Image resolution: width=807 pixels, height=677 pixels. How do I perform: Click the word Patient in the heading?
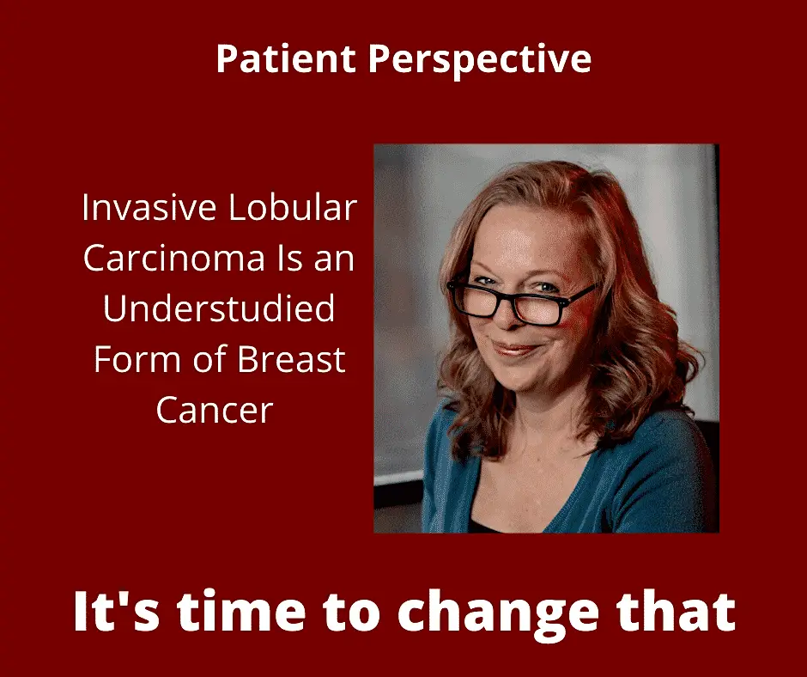[x=286, y=58]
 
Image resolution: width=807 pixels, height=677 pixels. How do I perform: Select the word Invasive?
[x=149, y=207]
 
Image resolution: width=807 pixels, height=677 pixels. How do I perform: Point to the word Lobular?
[x=293, y=207]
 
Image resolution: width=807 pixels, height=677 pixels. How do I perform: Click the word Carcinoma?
[x=174, y=258]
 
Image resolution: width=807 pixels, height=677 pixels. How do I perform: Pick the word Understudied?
[x=219, y=308]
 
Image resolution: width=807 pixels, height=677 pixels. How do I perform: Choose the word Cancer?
[x=215, y=410]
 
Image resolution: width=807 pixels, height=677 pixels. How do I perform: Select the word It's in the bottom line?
[x=117, y=611]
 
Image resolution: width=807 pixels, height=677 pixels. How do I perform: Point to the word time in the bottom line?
[x=242, y=611]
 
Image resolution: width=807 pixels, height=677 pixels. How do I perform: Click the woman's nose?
[x=506, y=315]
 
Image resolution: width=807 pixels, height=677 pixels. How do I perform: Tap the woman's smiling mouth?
[x=516, y=350]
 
